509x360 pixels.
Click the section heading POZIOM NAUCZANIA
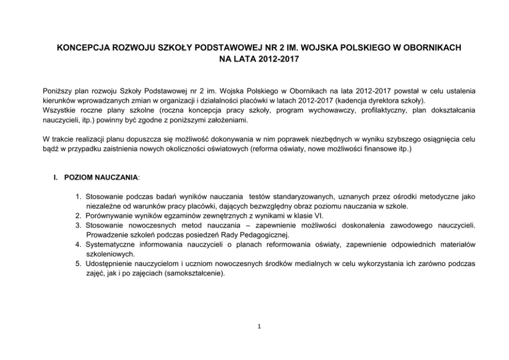pyautogui.click(x=101, y=177)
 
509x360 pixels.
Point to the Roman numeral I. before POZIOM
pyautogui.click(x=56, y=177)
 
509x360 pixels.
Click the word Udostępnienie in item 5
pyautogui.click(x=110, y=264)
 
